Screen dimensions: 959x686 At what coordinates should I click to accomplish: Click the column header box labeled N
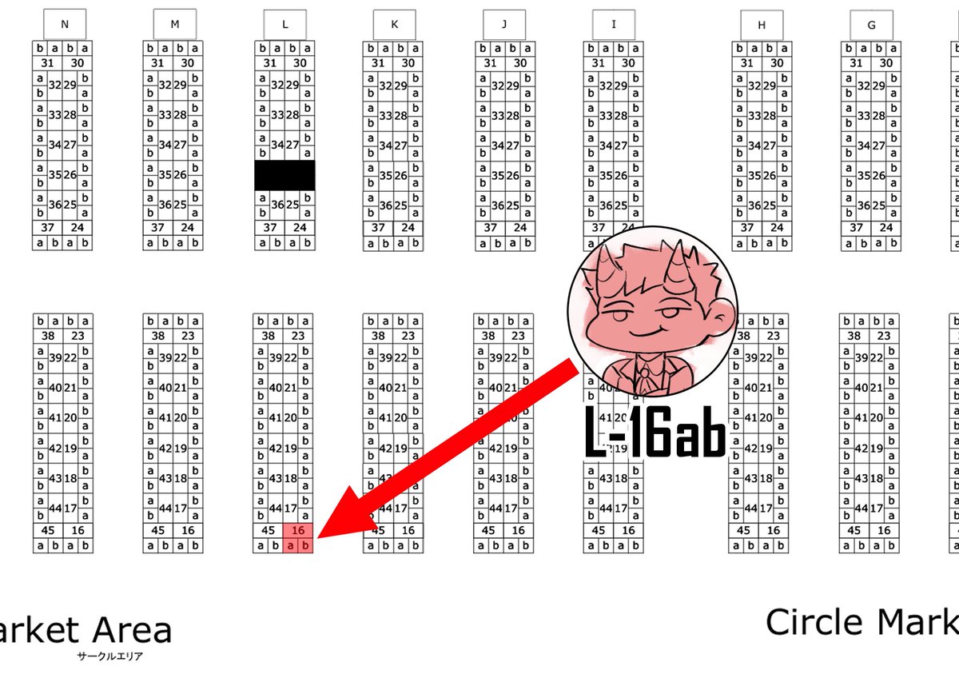tap(64, 24)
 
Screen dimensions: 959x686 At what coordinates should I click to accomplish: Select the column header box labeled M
tap(174, 24)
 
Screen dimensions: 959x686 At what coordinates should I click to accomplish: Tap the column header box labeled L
tap(285, 24)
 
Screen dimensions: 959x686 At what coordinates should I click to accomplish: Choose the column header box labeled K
tap(394, 24)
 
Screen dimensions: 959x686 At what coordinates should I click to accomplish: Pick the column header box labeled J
tap(504, 24)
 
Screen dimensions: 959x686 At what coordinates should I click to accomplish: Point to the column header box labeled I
tap(614, 24)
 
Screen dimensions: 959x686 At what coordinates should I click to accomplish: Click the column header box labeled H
tap(761, 25)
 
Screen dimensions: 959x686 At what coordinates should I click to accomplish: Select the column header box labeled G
tap(870, 25)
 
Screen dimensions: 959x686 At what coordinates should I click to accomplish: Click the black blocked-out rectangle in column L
tap(285, 175)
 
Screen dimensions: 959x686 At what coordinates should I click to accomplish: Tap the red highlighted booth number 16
tap(299, 530)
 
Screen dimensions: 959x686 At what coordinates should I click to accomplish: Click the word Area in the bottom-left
tap(133, 631)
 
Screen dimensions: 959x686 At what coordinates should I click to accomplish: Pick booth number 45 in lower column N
tap(47, 530)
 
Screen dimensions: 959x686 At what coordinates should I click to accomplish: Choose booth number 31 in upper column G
tap(856, 63)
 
